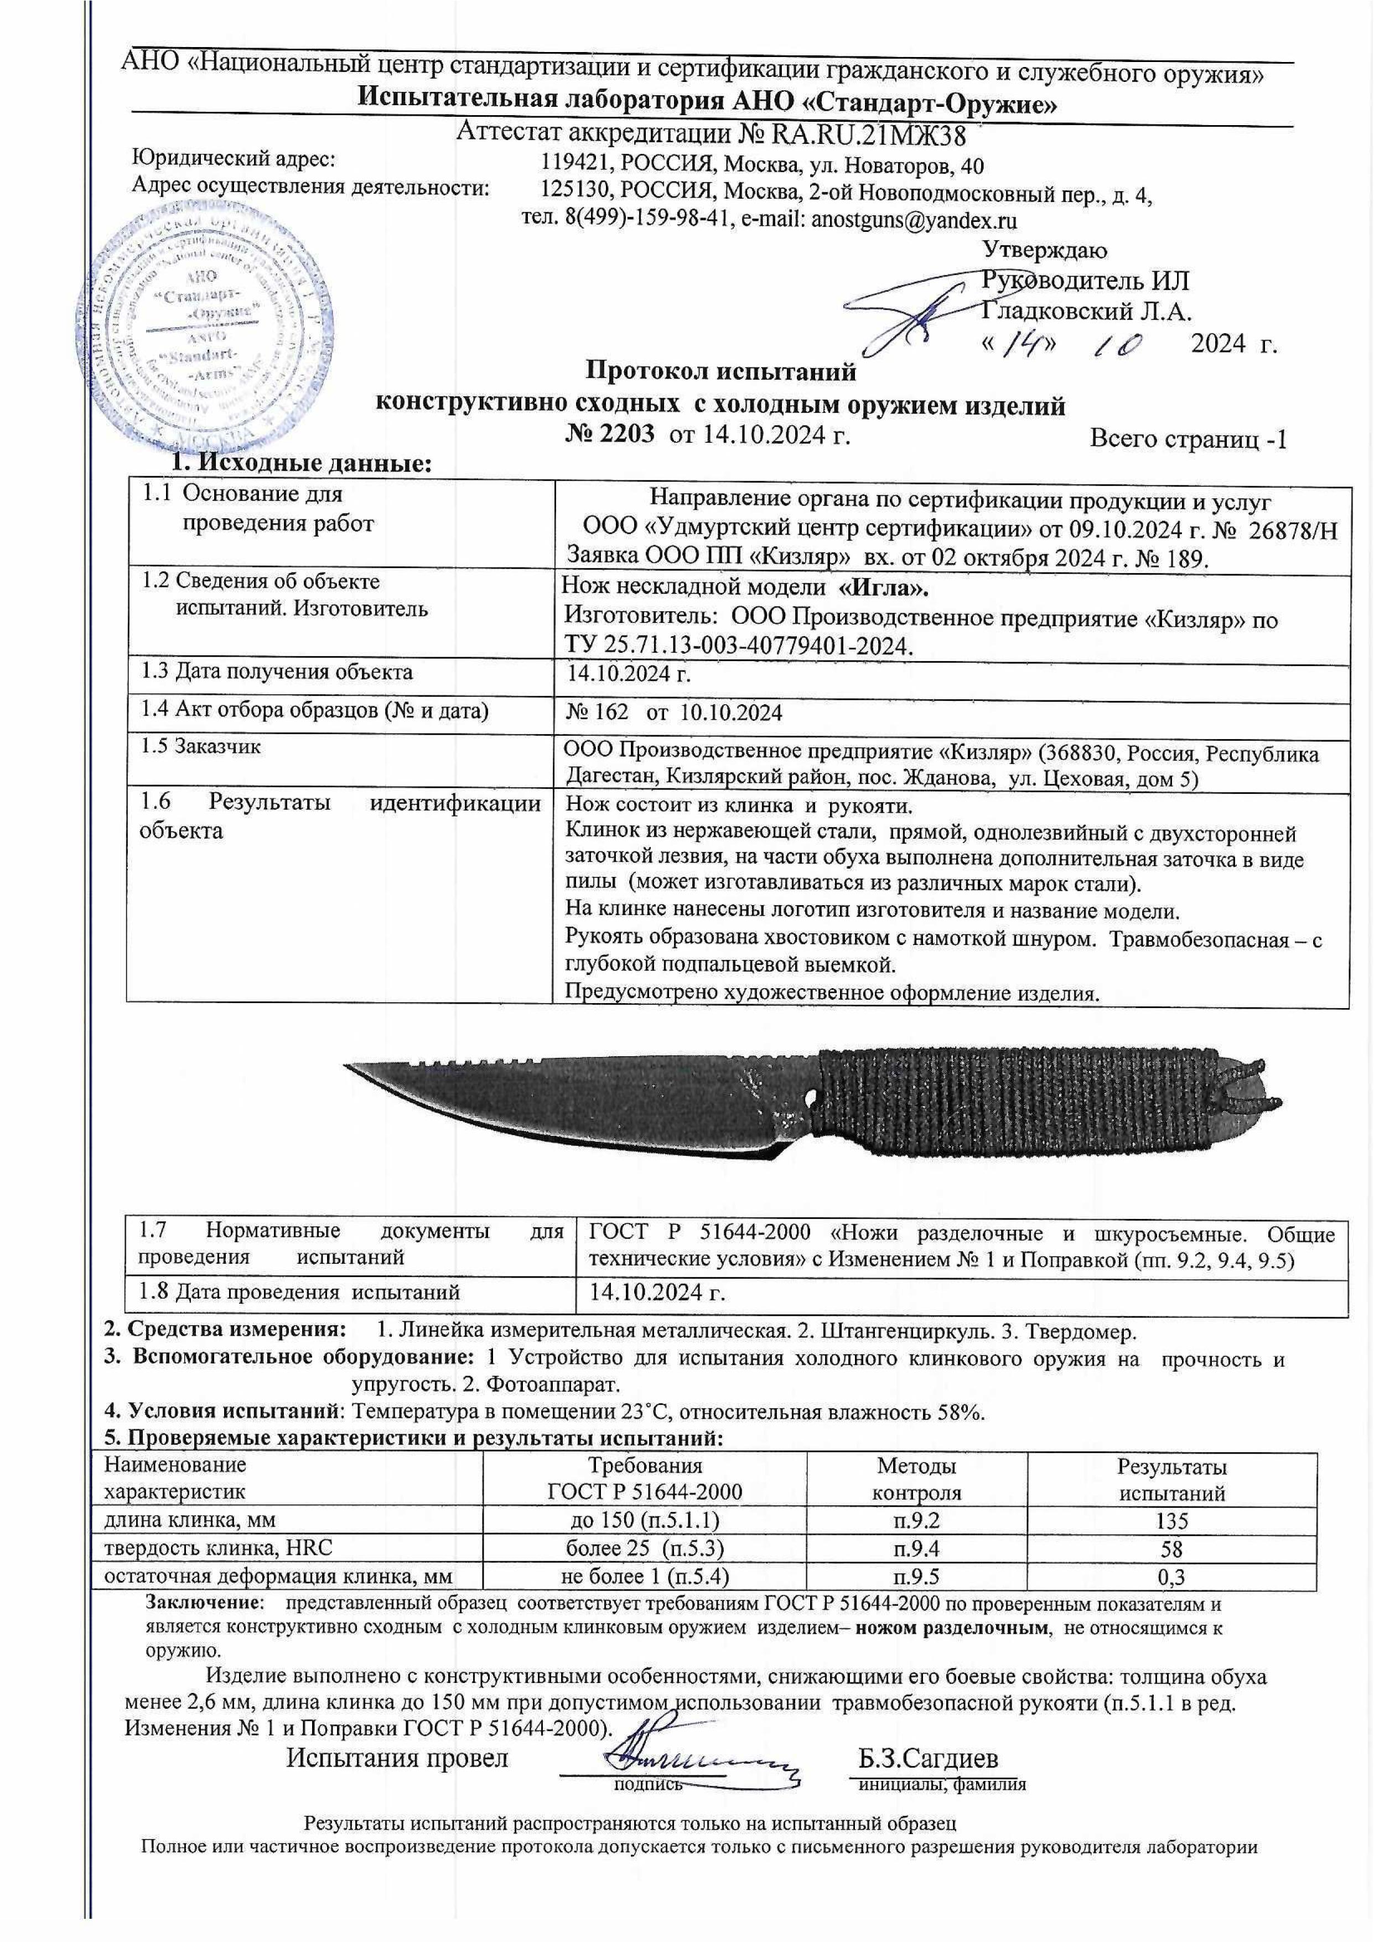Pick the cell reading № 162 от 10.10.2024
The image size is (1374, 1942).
click(x=673, y=712)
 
